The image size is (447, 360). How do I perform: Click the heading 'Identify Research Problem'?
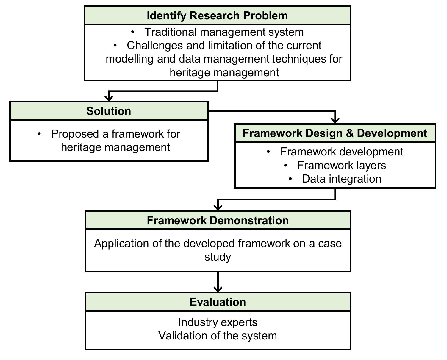click(217, 15)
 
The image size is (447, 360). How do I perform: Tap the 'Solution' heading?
click(109, 111)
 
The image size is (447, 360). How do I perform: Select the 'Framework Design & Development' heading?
click(335, 133)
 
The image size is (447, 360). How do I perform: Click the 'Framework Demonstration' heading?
click(218, 220)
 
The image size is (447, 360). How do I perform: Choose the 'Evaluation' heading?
click(218, 302)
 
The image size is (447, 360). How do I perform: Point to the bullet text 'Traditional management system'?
click(224, 32)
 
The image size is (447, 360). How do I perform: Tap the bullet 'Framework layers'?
click(341, 165)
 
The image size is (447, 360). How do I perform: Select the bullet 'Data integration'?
click(341, 179)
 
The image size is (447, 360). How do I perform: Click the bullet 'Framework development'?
click(341, 152)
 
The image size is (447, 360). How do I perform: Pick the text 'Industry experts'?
click(218, 322)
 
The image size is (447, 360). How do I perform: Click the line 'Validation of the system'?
click(218, 336)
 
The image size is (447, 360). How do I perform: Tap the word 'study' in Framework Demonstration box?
click(218, 257)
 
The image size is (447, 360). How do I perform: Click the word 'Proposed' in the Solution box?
click(75, 134)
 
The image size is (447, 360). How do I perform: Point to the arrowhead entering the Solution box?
click(109, 98)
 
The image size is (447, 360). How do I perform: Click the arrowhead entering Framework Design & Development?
click(335, 120)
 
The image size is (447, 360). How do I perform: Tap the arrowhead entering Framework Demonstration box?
click(218, 208)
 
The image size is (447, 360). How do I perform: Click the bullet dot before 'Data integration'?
click(290, 179)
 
